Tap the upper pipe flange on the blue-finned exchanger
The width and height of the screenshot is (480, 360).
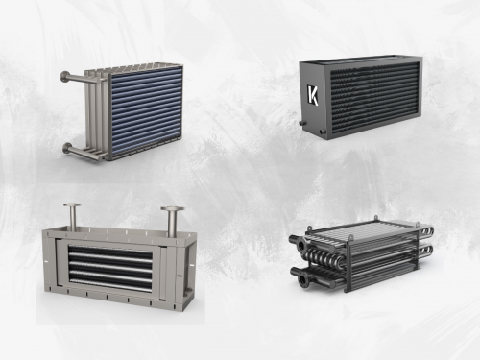pyautogui.click(x=64, y=77)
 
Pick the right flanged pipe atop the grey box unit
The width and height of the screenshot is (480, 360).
pyautogui.click(x=172, y=220)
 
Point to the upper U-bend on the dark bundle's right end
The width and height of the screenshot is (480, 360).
pyautogui.click(x=426, y=230)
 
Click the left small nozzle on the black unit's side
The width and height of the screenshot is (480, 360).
pyautogui.click(x=301, y=123)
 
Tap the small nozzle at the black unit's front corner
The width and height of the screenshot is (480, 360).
pyautogui.click(x=328, y=135)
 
